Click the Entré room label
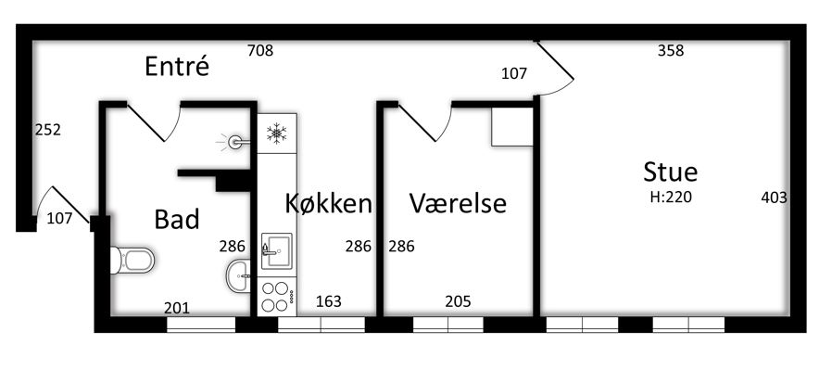click(177, 67)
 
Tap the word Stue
click(670, 172)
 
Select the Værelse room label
click(458, 203)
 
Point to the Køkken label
click(328, 203)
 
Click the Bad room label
click(177, 220)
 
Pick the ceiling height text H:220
click(671, 198)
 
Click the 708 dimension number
click(260, 51)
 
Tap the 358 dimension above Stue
click(671, 51)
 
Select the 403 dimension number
click(775, 198)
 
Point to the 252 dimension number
click(48, 130)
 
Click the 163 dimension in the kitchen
click(329, 301)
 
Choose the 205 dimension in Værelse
click(458, 301)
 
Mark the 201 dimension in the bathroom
click(177, 308)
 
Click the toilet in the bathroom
click(132, 261)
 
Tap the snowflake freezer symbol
click(276, 134)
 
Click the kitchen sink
click(276, 252)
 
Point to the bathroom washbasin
click(238, 274)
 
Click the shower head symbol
click(234, 141)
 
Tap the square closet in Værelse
click(511, 127)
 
